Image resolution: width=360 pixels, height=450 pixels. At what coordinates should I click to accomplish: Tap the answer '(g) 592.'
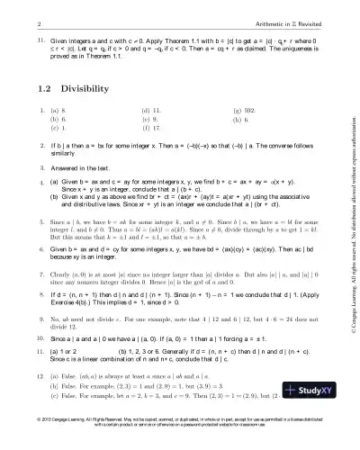coord(247,109)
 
